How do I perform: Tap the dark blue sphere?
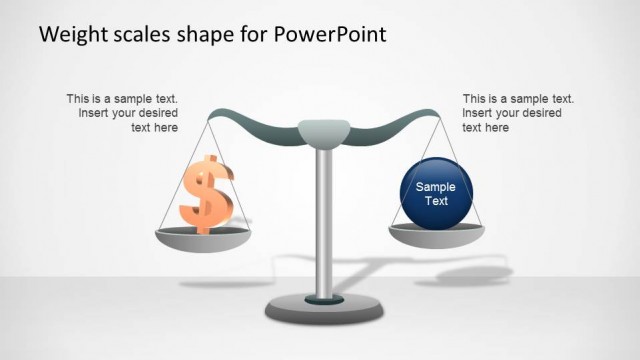coord(435,192)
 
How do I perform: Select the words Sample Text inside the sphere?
coord(435,193)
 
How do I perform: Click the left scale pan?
coord(203,238)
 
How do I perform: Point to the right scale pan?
coord(436,235)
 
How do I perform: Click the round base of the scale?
coord(323,310)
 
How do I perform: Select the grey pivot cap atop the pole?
coord(323,131)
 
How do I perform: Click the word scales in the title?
coord(141,34)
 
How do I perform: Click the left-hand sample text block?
coord(123,113)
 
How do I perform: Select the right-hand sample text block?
coord(518,113)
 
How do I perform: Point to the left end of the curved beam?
coord(215,111)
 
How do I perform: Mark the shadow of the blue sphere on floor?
coord(465,273)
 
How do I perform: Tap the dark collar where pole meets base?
coord(323,297)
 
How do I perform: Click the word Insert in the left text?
coord(94,113)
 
